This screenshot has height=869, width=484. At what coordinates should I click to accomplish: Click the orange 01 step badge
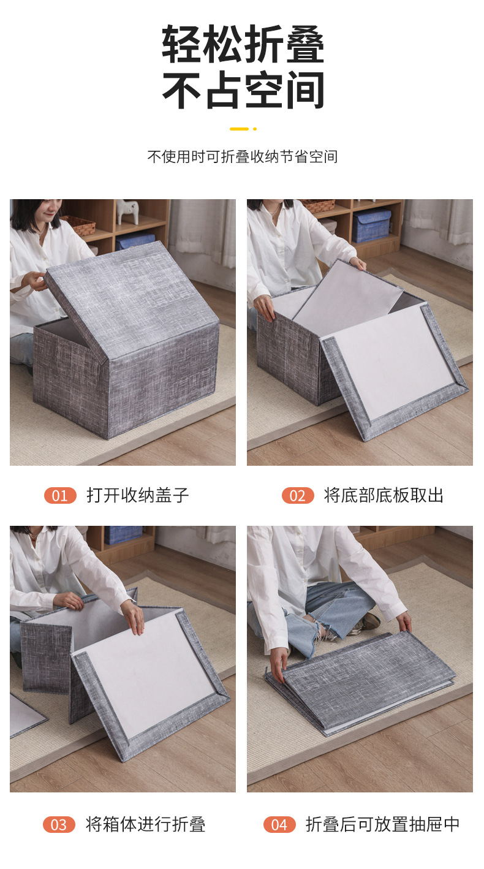coord(60,495)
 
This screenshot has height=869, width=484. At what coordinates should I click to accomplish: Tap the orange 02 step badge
coord(298,495)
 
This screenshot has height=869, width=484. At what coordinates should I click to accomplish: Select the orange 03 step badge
coord(59,824)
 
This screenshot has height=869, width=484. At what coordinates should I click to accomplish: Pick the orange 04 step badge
coord(279,824)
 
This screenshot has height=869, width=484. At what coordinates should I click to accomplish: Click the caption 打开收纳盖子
coord(138,495)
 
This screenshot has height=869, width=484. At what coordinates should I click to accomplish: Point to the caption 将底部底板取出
coord(384,495)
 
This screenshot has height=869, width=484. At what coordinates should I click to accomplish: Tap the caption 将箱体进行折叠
coord(145,824)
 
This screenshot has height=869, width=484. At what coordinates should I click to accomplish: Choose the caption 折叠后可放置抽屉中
coord(383,824)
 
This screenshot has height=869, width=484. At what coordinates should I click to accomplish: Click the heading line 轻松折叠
coord(243,45)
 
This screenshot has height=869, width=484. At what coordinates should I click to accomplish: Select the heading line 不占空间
coord(243,91)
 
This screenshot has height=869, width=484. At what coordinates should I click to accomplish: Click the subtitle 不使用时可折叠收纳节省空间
coord(242,157)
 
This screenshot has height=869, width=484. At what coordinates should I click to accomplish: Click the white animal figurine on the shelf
coord(128,211)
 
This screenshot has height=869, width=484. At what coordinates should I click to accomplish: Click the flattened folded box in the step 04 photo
coord(361,680)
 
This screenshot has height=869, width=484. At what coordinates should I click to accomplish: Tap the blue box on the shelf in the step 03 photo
coord(123,534)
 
